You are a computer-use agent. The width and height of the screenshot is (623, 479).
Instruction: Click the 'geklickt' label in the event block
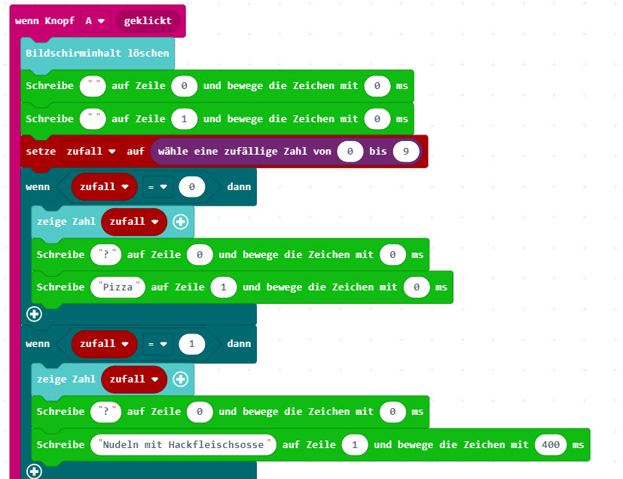148,21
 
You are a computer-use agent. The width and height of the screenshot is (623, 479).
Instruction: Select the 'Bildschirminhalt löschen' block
98,54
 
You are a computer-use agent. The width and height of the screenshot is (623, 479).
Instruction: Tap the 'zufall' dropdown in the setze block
91,152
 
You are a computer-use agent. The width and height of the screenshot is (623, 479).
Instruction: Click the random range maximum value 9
406,152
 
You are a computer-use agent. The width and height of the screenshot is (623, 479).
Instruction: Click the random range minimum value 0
350,152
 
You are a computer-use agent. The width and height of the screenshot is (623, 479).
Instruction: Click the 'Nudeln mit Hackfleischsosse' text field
183,445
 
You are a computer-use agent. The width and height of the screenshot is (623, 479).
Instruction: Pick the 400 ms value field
551,445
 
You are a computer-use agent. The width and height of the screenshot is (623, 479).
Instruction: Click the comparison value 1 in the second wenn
191,344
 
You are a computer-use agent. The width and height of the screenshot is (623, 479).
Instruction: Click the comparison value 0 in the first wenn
191,186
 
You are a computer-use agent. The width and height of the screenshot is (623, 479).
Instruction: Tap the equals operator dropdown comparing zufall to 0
157,186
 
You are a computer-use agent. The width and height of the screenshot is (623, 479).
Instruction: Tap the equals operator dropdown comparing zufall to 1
157,344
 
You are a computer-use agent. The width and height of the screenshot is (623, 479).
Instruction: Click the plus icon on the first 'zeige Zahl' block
180,222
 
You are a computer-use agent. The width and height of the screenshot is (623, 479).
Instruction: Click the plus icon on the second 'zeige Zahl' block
180,379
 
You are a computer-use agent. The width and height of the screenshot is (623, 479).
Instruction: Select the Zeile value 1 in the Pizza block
224,287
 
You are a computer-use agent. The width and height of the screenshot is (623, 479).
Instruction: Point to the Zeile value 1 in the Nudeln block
355,445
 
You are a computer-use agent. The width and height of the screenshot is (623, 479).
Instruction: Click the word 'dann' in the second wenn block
239,344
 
